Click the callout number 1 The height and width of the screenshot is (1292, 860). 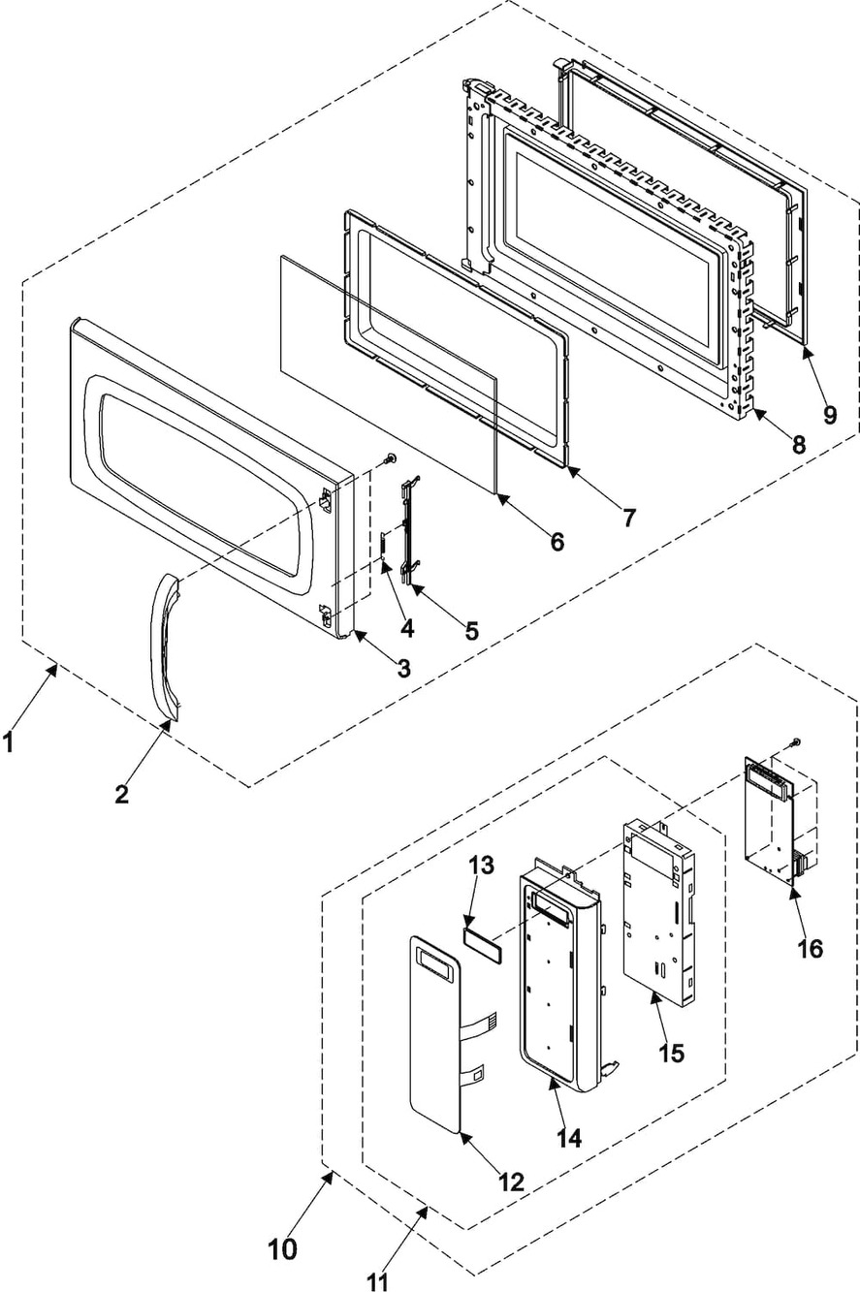click(9, 743)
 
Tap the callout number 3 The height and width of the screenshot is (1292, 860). click(401, 668)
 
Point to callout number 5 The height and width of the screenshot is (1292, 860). click(471, 630)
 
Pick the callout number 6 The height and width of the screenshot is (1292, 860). click(557, 542)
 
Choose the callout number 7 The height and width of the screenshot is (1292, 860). click(629, 518)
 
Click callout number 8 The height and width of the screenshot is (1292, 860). click(798, 445)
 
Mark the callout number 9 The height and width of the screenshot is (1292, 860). click(830, 414)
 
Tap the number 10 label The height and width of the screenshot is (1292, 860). click(283, 1249)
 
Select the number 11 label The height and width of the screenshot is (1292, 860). click(377, 1281)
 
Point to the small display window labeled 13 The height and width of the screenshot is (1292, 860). click(480, 940)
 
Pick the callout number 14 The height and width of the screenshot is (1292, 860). click(569, 1137)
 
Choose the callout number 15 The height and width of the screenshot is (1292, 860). click(671, 1052)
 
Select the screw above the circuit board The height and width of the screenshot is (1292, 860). click(796, 741)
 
